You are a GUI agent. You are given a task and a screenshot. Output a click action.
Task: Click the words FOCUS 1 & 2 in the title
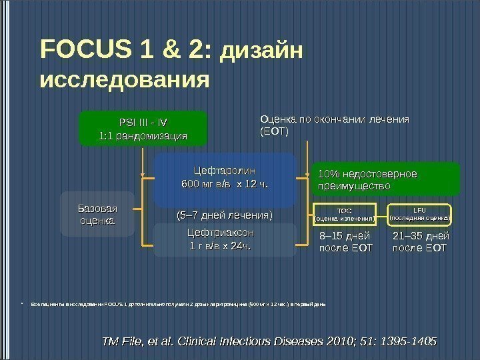point(125,48)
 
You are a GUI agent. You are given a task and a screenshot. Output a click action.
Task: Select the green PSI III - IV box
point(143,129)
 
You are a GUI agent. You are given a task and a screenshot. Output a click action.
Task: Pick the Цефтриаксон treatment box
point(225,240)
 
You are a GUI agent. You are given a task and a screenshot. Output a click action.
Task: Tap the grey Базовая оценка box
point(97,213)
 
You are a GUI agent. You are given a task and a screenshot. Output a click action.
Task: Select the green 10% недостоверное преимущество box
point(386,177)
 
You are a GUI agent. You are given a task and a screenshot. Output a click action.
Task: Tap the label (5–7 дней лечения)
point(225,216)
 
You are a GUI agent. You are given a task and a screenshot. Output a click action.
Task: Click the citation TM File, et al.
point(136,341)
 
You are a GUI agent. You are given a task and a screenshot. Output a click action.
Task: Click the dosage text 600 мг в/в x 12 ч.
point(225,184)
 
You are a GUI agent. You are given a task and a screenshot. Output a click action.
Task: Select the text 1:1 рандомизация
point(143,136)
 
